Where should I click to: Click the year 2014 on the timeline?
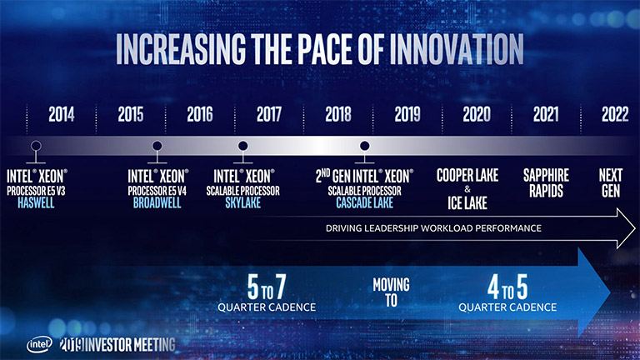click(x=61, y=115)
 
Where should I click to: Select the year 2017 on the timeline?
click(x=269, y=115)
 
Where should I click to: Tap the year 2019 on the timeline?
click(x=407, y=115)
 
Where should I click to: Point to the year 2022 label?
click(x=614, y=115)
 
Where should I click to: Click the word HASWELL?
click(x=36, y=202)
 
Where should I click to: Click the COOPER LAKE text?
click(x=467, y=176)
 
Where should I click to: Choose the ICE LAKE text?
click(x=467, y=202)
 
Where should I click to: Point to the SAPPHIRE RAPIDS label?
click(x=546, y=183)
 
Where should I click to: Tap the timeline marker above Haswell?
click(x=36, y=147)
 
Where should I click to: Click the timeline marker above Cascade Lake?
click(x=364, y=147)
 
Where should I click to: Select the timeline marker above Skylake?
click(x=242, y=147)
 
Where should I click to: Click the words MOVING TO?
click(x=391, y=293)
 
